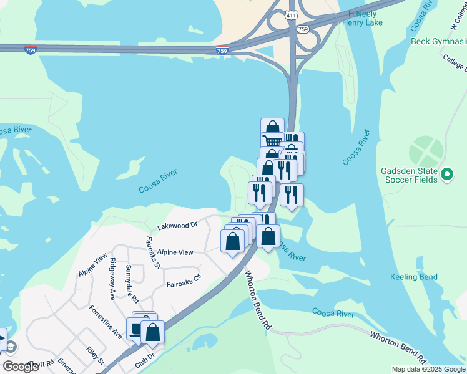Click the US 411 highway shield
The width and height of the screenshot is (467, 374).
(291, 15)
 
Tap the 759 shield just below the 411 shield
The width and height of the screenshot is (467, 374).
(302, 29)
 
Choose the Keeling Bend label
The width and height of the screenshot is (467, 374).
(413, 277)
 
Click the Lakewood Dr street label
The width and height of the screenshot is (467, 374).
(177, 225)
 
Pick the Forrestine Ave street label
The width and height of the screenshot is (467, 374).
(105, 322)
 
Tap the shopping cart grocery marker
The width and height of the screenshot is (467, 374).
(272, 141)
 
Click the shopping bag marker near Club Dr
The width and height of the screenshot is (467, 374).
(152, 332)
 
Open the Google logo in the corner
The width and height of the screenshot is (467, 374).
(20, 367)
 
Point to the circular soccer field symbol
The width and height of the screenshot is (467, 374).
(426, 152)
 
